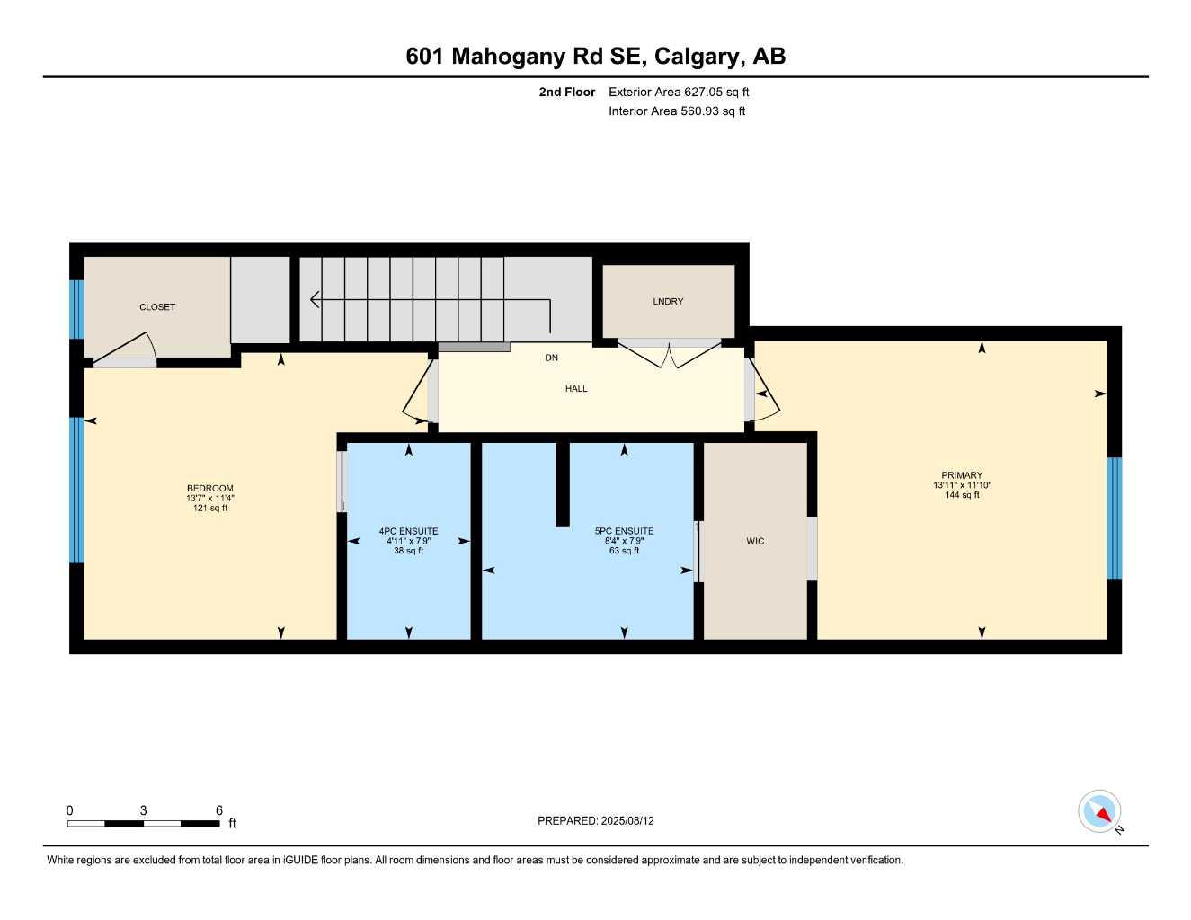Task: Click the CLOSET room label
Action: click(x=157, y=307)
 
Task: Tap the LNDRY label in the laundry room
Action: click(x=668, y=302)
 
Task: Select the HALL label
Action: click(x=576, y=389)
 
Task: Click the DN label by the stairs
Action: click(x=551, y=358)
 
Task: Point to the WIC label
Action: click(x=755, y=541)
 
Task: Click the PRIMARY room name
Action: click(x=962, y=475)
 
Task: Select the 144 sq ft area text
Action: click(x=962, y=495)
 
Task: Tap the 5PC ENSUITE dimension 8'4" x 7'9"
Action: click(x=624, y=541)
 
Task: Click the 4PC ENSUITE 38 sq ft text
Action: click(x=408, y=551)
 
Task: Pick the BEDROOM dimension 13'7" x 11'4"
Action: click(x=210, y=499)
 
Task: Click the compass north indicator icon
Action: click(x=1100, y=812)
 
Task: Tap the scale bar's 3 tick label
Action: click(x=143, y=810)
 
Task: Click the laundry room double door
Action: click(x=670, y=355)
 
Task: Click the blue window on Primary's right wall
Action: click(x=1115, y=518)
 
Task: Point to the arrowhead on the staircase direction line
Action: click(x=315, y=299)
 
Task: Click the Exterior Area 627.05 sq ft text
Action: click(x=679, y=92)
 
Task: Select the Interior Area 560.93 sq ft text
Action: click(x=677, y=111)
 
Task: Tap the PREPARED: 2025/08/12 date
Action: click(x=596, y=820)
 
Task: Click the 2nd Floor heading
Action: click(x=566, y=92)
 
